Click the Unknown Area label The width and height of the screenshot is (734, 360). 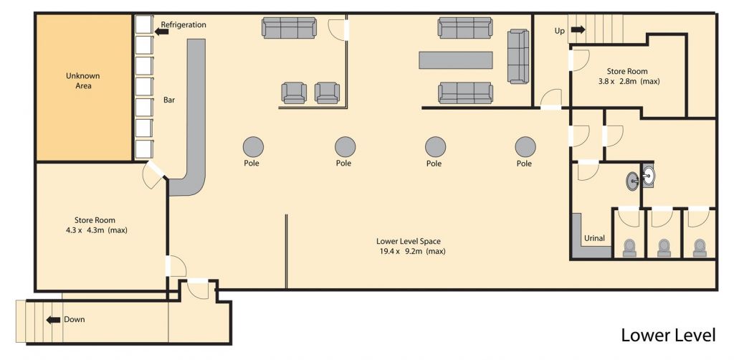[x=82, y=80]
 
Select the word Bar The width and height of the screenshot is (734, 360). [x=170, y=100]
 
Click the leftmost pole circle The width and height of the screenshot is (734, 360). [x=252, y=146]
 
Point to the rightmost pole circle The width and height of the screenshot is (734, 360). [x=525, y=146]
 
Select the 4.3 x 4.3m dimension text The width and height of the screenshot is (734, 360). [x=95, y=230]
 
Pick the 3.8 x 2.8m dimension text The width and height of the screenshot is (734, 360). [x=629, y=81]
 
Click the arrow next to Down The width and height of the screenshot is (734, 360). [x=53, y=319]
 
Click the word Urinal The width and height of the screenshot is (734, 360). [x=594, y=238]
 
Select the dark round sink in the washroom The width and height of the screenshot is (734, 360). [x=633, y=181]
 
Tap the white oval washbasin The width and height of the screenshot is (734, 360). [x=649, y=174]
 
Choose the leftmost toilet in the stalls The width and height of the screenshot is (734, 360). [x=629, y=247]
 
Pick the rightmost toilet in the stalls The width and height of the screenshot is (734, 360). [x=699, y=247]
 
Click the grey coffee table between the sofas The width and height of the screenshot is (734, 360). [x=456, y=60]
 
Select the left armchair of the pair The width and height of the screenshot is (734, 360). [x=294, y=93]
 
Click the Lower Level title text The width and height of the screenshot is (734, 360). [x=667, y=335]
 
